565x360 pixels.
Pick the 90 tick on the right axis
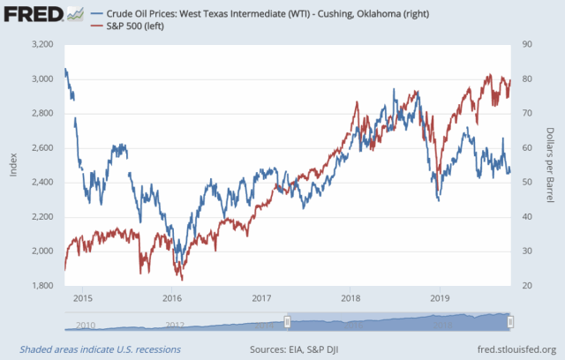click(522, 44)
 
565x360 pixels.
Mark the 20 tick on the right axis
click(522, 286)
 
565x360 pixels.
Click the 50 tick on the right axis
click(522, 183)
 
